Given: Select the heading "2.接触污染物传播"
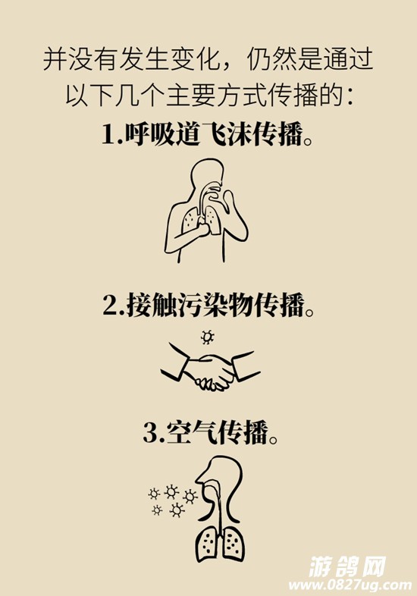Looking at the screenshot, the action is point(208,305).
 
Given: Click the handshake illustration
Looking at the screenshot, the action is point(210,371).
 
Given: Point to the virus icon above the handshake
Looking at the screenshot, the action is point(207,337).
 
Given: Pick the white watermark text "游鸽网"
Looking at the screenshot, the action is point(347,566).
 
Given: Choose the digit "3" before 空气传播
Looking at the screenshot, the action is point(149,433).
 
